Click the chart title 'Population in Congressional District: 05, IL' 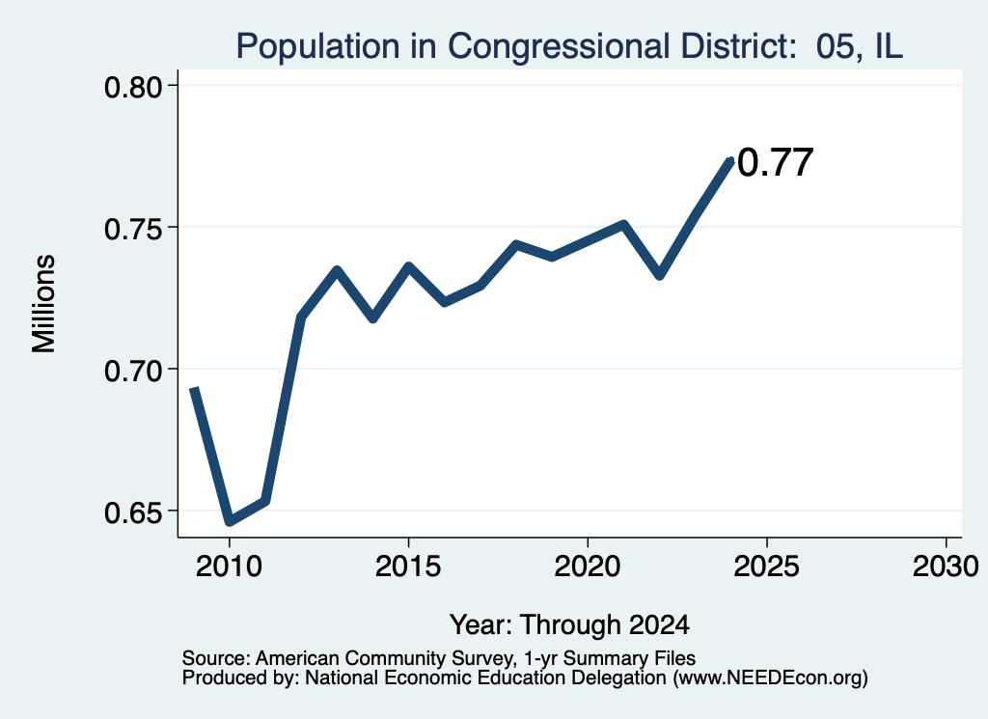point(569,46)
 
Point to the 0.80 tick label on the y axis point(133,87)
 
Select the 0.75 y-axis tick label point(133,229)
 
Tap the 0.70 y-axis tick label point(133,371)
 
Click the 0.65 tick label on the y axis point(133,512)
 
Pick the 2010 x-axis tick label point(229,566)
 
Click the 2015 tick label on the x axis point(408,566)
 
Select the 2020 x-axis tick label point(588,566)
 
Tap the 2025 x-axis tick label point(766,566)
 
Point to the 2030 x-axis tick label point(946,566)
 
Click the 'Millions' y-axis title point(43,303)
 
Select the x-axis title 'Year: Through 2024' point(569,624)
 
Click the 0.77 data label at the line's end point(775,162)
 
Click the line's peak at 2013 point(337,270)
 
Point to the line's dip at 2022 point(660,275)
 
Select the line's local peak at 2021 point(624,224)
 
